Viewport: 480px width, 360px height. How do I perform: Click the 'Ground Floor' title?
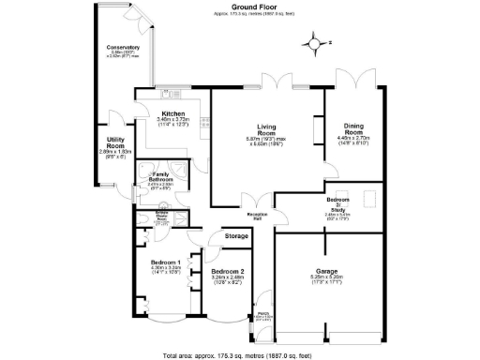click(240, 7)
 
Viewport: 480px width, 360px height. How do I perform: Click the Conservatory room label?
click(123, 47)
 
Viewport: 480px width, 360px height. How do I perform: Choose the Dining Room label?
click(354, 127)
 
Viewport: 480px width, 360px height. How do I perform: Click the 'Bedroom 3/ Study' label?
click(337, 202)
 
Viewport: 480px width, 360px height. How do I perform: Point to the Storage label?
click(236, 237)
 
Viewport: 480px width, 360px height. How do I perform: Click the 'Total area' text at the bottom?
click(240, 354)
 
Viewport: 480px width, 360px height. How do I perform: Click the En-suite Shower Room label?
click(161, 216)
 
